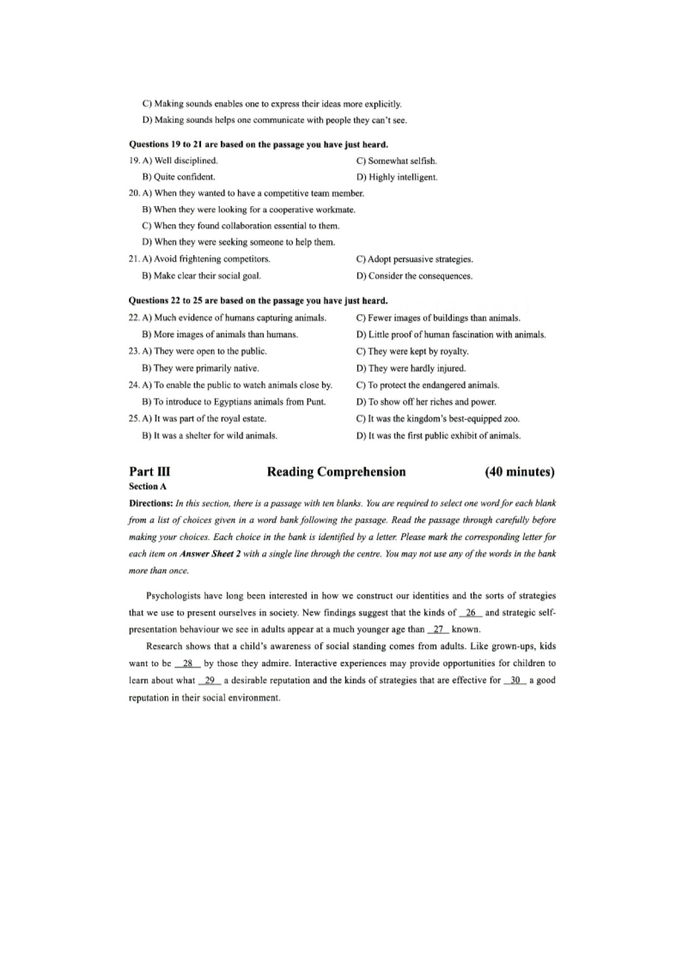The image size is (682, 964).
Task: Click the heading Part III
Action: [x=148, y=472]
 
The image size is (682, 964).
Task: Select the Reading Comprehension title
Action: [x=337, y=472]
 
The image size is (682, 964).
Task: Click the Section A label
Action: [x=149, y=486]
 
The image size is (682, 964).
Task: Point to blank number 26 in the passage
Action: [x=470, y=612]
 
